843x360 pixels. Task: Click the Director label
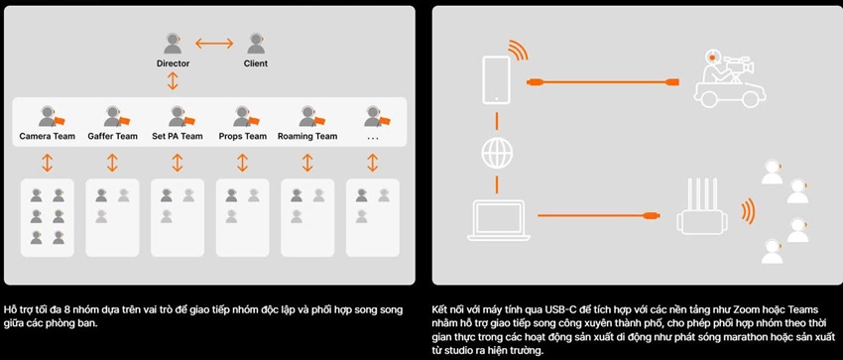[174, 63]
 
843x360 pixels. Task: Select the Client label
[255, 63]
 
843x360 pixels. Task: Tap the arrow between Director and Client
[214, 43]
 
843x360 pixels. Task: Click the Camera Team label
[48, 137]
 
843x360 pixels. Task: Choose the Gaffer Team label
[112, 137]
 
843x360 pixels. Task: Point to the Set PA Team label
[178, 137]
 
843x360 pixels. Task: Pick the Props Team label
[242, 137]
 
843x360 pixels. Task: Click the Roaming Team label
[307, 137]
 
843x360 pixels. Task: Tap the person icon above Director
[173, 44]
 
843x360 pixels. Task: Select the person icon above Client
[256, 44]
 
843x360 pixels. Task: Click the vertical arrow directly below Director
[173, 80]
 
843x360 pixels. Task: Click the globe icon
[496, 154]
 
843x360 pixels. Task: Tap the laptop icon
[499, 220]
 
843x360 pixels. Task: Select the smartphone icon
[496, 79]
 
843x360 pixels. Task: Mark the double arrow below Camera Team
[48, 163]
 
